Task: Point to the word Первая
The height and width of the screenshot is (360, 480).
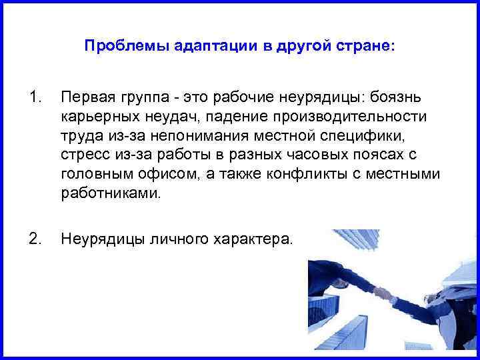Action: (85, 98)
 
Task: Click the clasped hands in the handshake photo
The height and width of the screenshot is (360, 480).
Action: (383, 292)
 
